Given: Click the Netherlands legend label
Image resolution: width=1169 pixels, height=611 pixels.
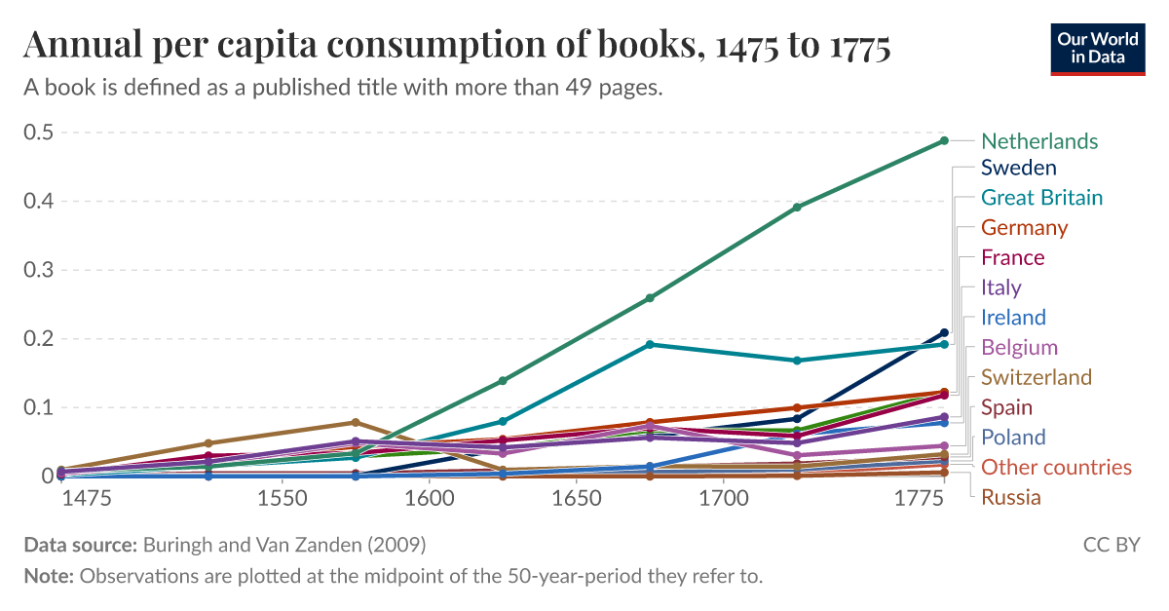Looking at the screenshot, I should tap(1038, 141).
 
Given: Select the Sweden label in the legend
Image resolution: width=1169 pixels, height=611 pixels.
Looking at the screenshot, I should tap(1018, 168).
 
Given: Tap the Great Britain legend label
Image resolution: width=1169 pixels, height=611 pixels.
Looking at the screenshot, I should tap(1041, 198).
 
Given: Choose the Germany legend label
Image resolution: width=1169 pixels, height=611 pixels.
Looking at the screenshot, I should tap(1024, 228).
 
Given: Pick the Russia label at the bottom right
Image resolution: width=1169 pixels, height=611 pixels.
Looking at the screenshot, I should tap(1010, 498).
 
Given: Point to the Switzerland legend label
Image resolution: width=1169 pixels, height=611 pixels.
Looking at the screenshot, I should tap(1036, 377).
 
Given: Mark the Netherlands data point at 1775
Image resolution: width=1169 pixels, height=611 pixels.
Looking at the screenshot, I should tap(943, 140).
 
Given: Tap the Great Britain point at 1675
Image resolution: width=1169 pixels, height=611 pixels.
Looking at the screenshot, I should tap(650, 344).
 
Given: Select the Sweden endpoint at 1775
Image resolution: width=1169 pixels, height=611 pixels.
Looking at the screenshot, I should tap(943, 332).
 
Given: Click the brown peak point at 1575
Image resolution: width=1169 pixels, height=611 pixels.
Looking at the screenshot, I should tap(355, 422).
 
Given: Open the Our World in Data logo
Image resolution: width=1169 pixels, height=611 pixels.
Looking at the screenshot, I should tap(1098, 48).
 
